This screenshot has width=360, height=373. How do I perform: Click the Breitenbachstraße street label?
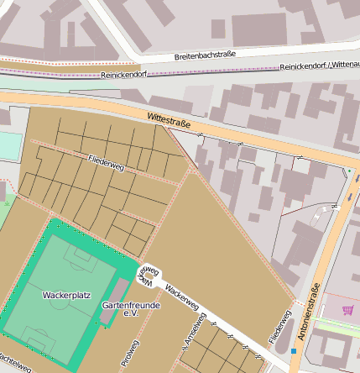coord(205,55)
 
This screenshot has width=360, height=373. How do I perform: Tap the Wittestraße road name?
coord(169,121)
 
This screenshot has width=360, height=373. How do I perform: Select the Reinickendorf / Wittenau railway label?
coord(320,65)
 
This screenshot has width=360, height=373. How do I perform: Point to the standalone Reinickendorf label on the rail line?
coord(123,75)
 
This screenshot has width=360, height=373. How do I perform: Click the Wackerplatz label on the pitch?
coord(65,296)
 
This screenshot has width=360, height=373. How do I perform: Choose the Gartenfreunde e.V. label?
coord(130,308)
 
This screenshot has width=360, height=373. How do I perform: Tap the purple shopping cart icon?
coord(347,310)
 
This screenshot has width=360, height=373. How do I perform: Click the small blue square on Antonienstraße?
coord(294,350)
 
